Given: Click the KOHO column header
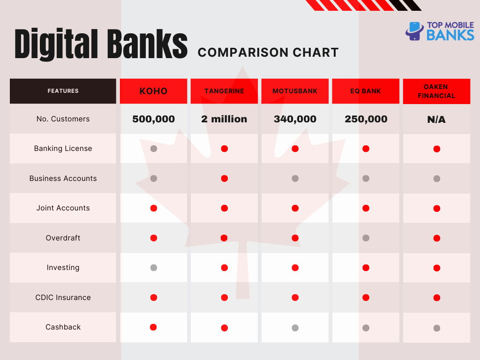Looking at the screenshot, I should [153, 91].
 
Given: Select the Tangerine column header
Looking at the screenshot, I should [224, 91].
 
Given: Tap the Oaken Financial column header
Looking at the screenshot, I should [436, 91].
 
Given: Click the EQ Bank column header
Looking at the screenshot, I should [366, 91].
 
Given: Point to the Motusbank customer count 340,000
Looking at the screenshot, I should [295, 119].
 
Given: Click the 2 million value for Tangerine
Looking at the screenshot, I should [224, 119].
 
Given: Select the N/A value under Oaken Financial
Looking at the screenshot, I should [436, 120].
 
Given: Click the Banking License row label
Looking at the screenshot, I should [63, 149].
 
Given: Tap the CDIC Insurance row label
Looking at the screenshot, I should [63, 297].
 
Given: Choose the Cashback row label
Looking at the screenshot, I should [63, 327].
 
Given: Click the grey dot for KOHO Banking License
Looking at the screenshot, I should [154, 149].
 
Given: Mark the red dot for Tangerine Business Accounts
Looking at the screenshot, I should [225, 178].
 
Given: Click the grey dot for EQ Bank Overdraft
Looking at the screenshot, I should [366, 238].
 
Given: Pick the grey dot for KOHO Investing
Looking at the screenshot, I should [154, 268].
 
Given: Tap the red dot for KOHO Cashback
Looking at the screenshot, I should [153, 327].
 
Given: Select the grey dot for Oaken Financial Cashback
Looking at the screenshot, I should [437, 328].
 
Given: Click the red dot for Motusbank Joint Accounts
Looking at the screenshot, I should [295, 208].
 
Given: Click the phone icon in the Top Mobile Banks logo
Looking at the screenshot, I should [414, 31].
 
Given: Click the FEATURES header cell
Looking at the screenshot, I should [63, 91].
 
